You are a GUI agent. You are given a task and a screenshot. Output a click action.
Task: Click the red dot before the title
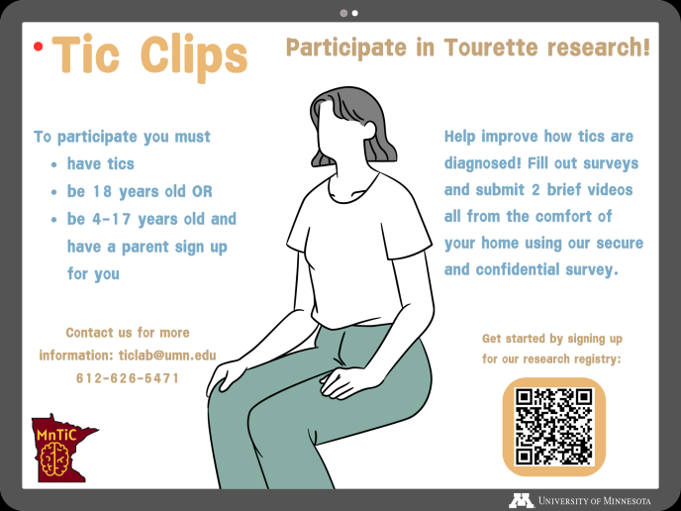click(x=38, y=46)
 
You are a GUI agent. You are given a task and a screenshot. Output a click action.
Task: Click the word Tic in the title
click(x=88, y=55)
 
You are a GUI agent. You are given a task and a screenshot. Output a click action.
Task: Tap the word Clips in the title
click(x=193, y=56)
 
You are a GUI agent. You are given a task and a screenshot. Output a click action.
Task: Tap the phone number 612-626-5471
click(x=127, y=377)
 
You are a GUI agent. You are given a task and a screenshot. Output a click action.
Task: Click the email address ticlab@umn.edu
click(x=167, y=355)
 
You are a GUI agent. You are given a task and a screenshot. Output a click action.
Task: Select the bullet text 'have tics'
click(x=100, y=163)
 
